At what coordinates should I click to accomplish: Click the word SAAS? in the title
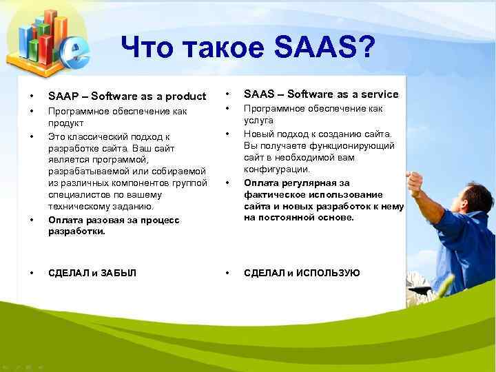324,49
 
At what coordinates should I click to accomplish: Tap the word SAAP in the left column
63,96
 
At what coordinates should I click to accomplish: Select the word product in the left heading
186,96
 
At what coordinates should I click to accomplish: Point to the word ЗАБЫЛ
118,273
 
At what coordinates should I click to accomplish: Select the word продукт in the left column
65,123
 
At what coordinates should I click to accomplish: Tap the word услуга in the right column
260,120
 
